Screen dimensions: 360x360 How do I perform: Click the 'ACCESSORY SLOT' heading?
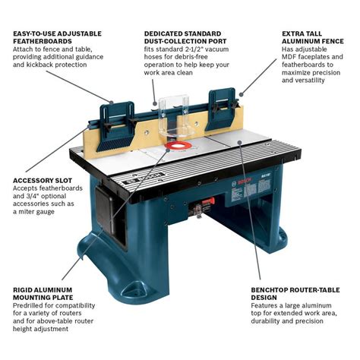click(x=38, y=181)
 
